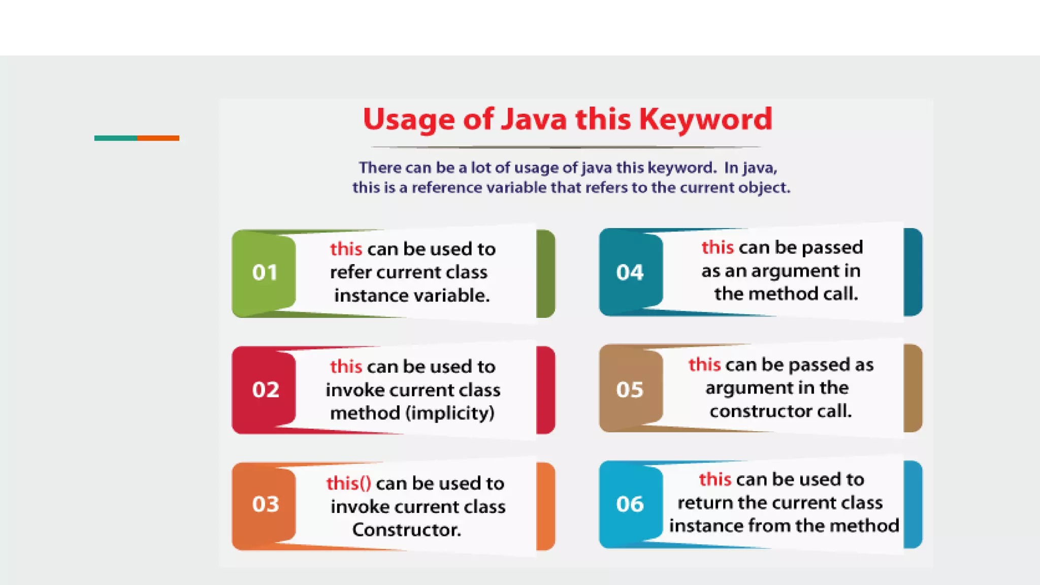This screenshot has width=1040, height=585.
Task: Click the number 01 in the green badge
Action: pos(265,273)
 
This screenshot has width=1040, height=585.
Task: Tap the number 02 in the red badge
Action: pos(266,390)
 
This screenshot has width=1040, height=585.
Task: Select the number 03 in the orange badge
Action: pos(266,504)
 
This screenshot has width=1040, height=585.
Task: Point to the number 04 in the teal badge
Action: pos(630,273)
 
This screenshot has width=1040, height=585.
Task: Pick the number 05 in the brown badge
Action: pos(630,390)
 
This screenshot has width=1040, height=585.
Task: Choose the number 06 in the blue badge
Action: pos(630,504)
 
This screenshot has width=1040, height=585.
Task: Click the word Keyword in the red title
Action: pos(705,120)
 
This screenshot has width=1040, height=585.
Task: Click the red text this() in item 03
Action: pos(348,483)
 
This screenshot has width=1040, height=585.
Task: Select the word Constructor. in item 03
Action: pos(407,530)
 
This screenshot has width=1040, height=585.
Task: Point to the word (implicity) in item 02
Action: pos(450,413)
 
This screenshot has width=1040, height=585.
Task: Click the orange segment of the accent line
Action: pos(158,138)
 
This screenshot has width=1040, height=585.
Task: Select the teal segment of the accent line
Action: pos(115,138)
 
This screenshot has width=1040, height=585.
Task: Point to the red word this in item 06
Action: pos(714,479)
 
